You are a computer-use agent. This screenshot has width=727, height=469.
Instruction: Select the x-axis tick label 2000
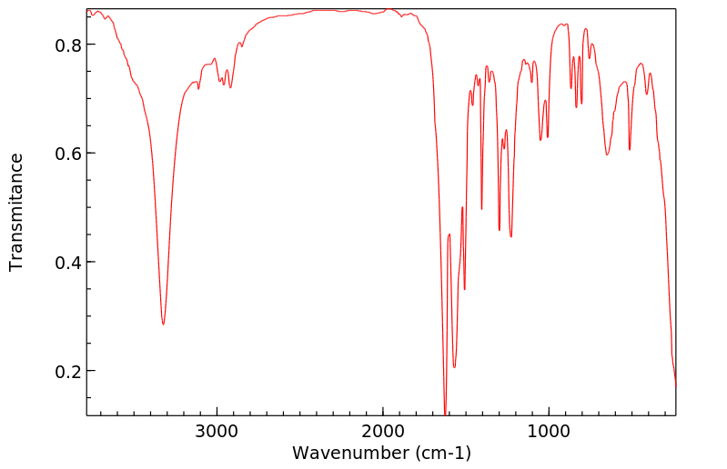pyautogui.click(x=383, y=433)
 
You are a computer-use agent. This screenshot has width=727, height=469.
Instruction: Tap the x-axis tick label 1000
pyautogui.click(x=549, y=433)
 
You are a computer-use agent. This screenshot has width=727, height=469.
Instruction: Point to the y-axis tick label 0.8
pyautogui.click(x=70, y=45)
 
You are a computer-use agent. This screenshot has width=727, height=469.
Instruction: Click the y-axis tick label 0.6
pyautogui.click(x=70, y=154)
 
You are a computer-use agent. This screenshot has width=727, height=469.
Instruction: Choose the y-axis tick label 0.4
pyautogui.click(x=70, y=263)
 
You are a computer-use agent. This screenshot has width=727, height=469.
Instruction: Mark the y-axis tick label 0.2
pyautogui.click(x=70, y=372)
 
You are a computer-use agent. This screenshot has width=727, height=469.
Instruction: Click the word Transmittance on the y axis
pyautogui.click(x=16, y=212)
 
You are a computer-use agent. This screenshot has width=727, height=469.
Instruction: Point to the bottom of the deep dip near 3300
pyautogui.click(x=163, y=324)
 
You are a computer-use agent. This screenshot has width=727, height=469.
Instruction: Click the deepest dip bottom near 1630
pyautogui.click(x=445, y=414)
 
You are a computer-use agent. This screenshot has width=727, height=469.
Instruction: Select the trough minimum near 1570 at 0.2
pyautogui.click(x=454, y=367)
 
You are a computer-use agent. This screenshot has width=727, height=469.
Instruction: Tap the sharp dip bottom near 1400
pyautogui.click(x=481, y=209)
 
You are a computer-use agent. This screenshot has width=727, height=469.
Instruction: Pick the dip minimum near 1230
pyautogui.click(x=511, y=236)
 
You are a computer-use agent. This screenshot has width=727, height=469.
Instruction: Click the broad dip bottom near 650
pyautogui.click(x=607, y=155)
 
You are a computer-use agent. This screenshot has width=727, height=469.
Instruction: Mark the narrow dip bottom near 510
pyautogui.click(x=630, y=149)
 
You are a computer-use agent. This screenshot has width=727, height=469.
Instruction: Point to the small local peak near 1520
pyautogui.click(x=462, y=208)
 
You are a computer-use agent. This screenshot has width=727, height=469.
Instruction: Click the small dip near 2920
pyautogui.click(x=230, y=87)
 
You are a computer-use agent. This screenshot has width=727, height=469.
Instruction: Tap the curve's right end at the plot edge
pyautogui.click(x=675, y=385)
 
